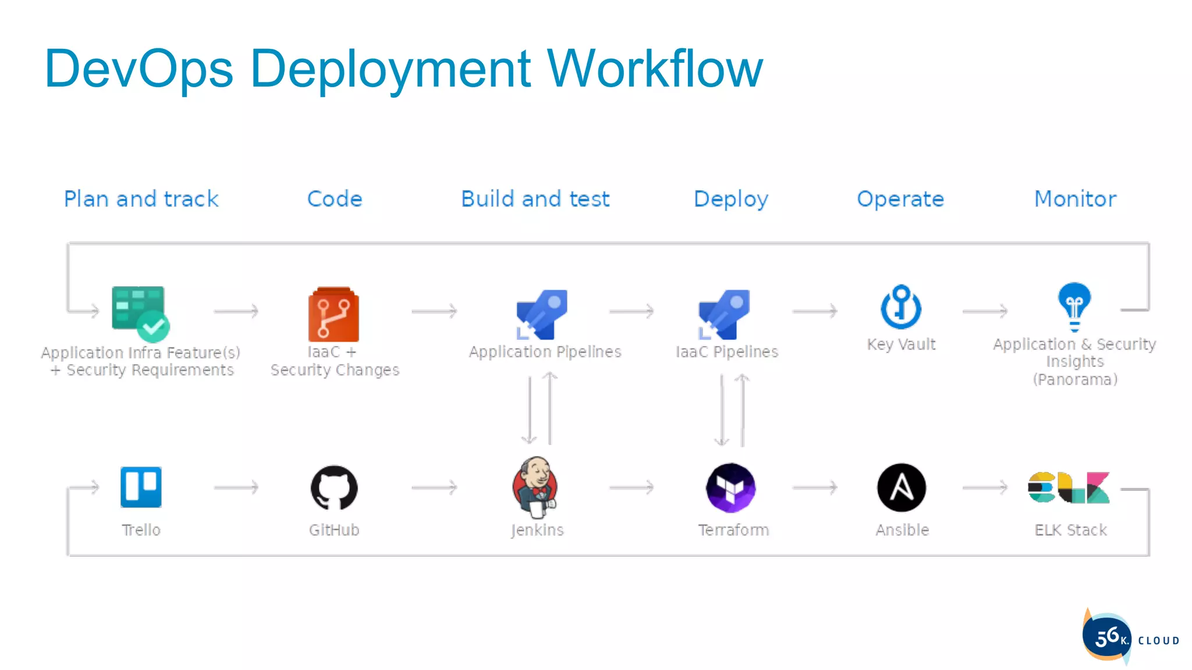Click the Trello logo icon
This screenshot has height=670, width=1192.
141,487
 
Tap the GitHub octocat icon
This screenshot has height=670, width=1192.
334,488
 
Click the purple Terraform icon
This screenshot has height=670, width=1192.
731,487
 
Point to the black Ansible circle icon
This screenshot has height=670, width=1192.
902,487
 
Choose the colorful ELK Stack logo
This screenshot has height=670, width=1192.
1069,487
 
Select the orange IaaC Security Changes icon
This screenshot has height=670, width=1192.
334,315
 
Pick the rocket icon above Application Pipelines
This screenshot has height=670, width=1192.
542,314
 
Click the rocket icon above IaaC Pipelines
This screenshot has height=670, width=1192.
725,314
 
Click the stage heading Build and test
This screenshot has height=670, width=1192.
535,199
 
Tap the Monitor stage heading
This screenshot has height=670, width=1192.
1075,199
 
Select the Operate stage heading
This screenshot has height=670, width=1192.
900,199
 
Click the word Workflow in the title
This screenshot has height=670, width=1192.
655,69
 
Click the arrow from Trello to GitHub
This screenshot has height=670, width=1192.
236,487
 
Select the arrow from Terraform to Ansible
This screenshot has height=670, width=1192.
815,487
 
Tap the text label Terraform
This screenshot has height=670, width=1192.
733,530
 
